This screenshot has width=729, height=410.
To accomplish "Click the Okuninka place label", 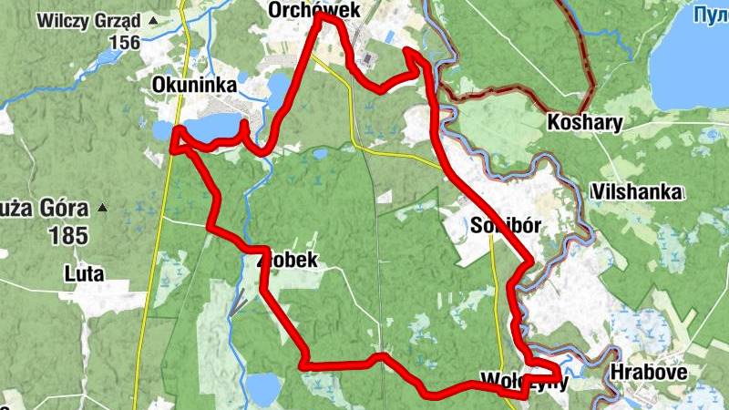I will (195, 86).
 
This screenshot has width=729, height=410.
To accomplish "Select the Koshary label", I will (585, 122).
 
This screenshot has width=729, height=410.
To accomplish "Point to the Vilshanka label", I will (635, 192).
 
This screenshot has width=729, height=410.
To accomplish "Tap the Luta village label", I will (85, 273).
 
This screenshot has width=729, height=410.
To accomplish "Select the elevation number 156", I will (125, 42).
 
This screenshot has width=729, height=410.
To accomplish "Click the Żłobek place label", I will (289, 261).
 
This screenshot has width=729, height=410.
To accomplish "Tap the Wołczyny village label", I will (523, 381).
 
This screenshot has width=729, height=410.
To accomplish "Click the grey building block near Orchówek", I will (369, 58).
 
